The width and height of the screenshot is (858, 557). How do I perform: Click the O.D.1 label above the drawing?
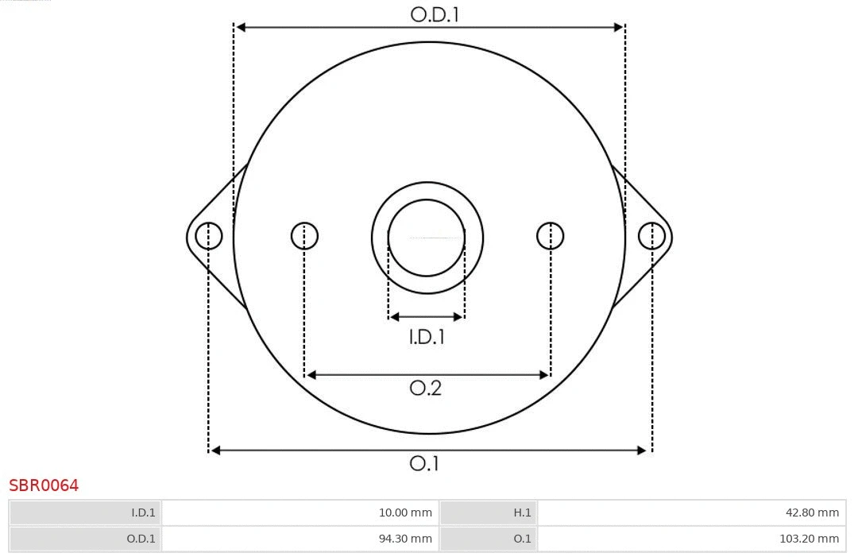pos(435,14)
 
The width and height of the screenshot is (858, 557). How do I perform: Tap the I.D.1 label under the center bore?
pos(427,338)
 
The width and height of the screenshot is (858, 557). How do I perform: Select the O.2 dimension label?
pos(426,388)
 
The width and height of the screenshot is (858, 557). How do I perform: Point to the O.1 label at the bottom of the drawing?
pos(424,463)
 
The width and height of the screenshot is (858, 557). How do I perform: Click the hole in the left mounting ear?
pos(209,236)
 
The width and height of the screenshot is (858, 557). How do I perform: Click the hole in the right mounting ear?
pos(651,236)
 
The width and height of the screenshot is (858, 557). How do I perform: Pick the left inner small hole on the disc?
pos(304,236)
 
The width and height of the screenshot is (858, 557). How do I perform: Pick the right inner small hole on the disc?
pos(551,236)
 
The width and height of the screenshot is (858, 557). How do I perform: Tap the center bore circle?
pos(427,238)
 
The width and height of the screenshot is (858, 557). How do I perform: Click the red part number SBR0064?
pos(44,485)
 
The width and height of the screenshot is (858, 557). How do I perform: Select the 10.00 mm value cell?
pos(300,513)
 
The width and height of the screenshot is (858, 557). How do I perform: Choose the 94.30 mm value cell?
pos(300,539)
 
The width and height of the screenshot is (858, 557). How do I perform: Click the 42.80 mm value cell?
pos(691,513)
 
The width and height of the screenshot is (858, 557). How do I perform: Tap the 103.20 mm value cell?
pos(691,539)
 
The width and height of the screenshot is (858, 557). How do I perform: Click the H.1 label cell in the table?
pos(488,513)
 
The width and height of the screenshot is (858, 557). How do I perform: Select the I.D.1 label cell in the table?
pos(86,513)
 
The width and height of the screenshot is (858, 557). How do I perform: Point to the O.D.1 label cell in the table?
pos(86,539)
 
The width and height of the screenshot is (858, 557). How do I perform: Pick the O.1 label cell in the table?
pos(488,539)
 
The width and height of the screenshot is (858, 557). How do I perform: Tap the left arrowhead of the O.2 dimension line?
pos(311,375)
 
